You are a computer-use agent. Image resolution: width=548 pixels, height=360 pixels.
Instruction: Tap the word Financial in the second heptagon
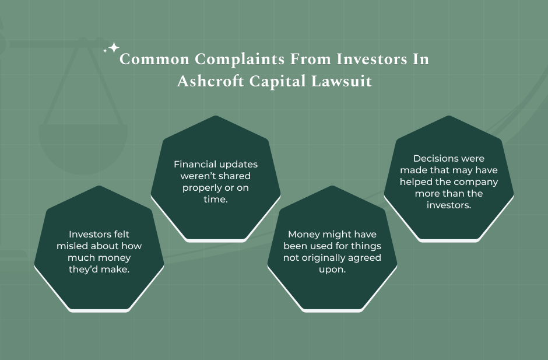click(x=194, y=165)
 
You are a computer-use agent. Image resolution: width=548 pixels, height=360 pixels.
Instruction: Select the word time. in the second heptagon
click(x=216, y=200)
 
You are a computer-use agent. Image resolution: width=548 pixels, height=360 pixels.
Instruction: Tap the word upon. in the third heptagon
click(x=332, y=270)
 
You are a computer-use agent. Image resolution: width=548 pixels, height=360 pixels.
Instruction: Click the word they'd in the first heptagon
click(x=84, y=270)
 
